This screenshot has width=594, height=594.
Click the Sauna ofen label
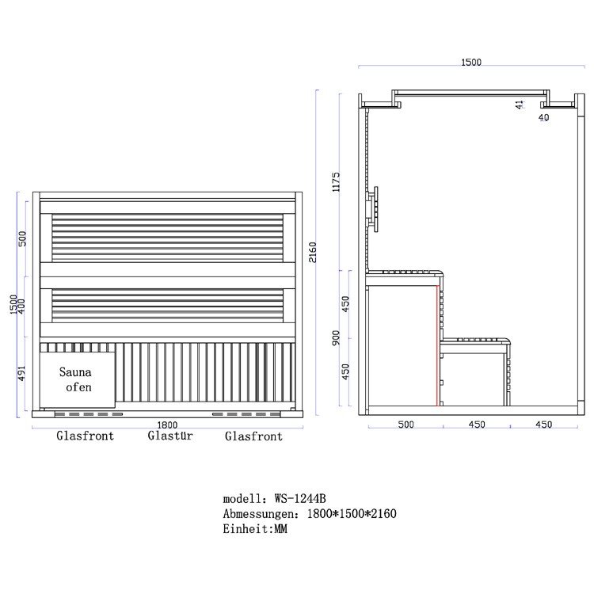click(75, 379)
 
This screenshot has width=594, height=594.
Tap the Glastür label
click(170, 436)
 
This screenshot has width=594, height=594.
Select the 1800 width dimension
click(167, 425)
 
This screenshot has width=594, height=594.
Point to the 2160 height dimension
click(313, 253)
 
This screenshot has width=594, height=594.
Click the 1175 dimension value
click(336, 182)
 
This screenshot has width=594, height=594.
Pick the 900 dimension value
click(336, 338)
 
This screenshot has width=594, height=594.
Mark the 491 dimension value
click(21, 374)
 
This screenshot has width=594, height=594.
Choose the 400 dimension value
click(21, 306)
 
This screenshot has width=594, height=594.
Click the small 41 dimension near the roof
click(520, 105)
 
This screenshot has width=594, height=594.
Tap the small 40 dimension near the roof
click(543, 117)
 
